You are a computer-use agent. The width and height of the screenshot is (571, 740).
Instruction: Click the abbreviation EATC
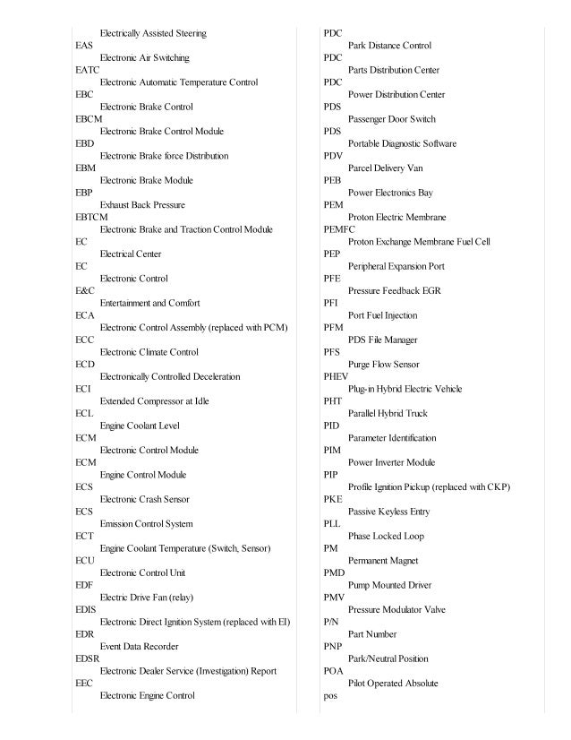pos(88,70)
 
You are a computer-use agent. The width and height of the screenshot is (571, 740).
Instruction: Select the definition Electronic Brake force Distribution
pos(164,156)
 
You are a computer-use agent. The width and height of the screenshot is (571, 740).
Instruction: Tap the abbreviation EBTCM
pos(91,217)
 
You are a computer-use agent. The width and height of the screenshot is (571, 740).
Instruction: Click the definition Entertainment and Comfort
pos(149,303)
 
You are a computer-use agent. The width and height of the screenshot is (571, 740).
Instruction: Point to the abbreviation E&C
pos(85,290)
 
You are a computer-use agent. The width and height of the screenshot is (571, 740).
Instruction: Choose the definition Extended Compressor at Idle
pos(154,401)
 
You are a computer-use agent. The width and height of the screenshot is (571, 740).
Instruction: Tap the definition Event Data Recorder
pos(139,646)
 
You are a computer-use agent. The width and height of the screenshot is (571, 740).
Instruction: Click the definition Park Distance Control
pos(389,46)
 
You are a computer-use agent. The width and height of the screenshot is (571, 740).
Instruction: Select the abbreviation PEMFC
pos(339,229)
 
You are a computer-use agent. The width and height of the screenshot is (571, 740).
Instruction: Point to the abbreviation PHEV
pos(336,376)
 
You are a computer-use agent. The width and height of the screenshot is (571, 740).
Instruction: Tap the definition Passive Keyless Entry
pos(388,512)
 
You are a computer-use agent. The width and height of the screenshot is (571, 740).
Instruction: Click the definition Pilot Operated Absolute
pos(393,684)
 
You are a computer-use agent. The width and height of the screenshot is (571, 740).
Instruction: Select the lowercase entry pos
pos(330,695)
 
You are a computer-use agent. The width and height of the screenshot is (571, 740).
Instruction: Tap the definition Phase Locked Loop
pos(386,536)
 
